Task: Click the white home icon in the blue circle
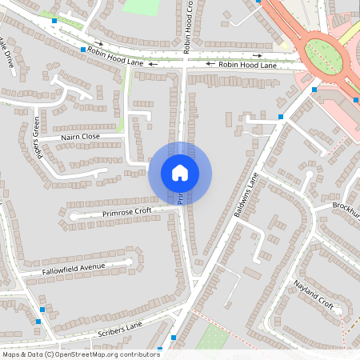(180, 172)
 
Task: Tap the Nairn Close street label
(79, 137)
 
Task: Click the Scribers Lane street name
(121, 326)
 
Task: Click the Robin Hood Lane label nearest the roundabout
(247, 65)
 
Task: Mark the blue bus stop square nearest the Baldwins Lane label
(281, 118)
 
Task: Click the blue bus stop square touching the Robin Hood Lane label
(83, 50)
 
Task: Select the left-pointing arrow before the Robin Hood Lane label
(210, 64)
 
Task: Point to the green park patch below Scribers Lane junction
(212, 337)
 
